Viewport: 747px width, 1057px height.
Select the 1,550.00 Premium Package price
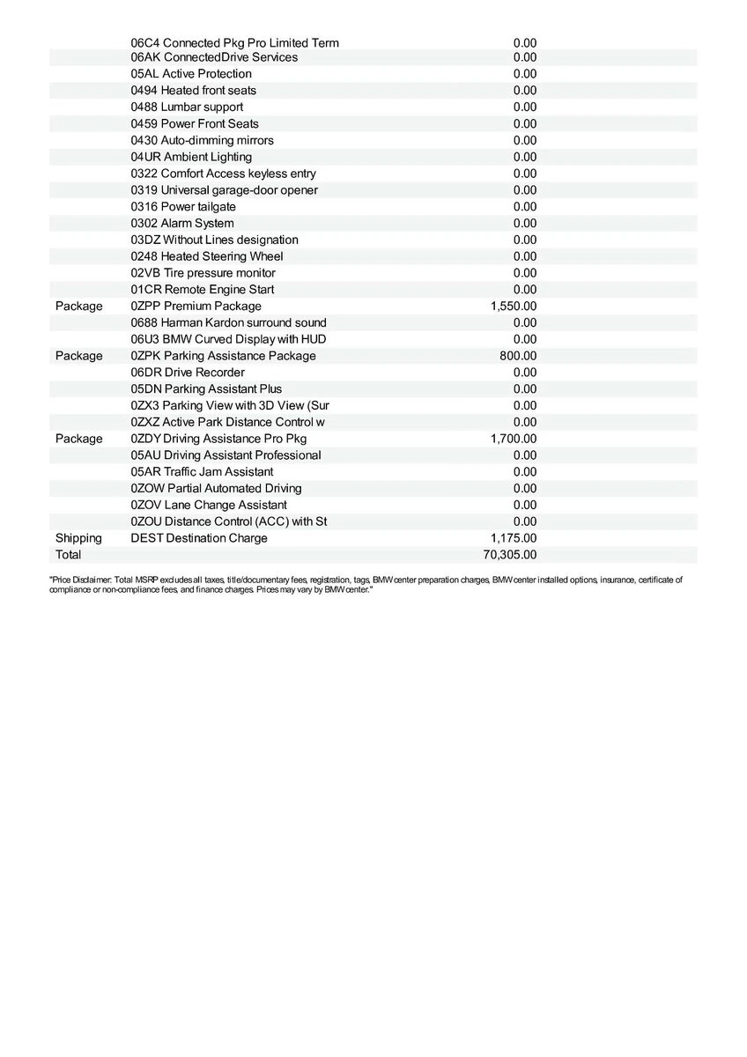point(514,307)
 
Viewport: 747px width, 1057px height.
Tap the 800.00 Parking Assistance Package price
point(518,356)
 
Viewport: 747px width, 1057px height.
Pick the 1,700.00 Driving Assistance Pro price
point(514,439)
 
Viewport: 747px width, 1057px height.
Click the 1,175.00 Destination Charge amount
point(514,538)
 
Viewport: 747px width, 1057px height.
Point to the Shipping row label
point(78,538)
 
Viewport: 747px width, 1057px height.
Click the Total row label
point(68,555)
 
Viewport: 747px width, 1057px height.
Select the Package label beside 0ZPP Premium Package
point(78,307)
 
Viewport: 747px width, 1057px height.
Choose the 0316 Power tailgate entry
point(183,207)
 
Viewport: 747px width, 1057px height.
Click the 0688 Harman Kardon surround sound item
point(228,322)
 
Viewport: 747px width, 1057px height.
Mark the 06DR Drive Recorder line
point(188,373)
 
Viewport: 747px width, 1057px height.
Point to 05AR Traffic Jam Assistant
point(202,472)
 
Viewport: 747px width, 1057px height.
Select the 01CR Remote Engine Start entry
point(203,290)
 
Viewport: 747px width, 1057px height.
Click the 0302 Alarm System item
point(182,224)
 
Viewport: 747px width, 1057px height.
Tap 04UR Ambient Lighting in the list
point(191,157)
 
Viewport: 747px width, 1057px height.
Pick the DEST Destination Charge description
point(199,538)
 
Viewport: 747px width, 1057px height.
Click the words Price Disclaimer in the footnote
point(79,580)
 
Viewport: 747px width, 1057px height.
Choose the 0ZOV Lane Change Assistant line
point(209,505)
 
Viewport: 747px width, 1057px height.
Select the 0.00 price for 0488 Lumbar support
point(525,107)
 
